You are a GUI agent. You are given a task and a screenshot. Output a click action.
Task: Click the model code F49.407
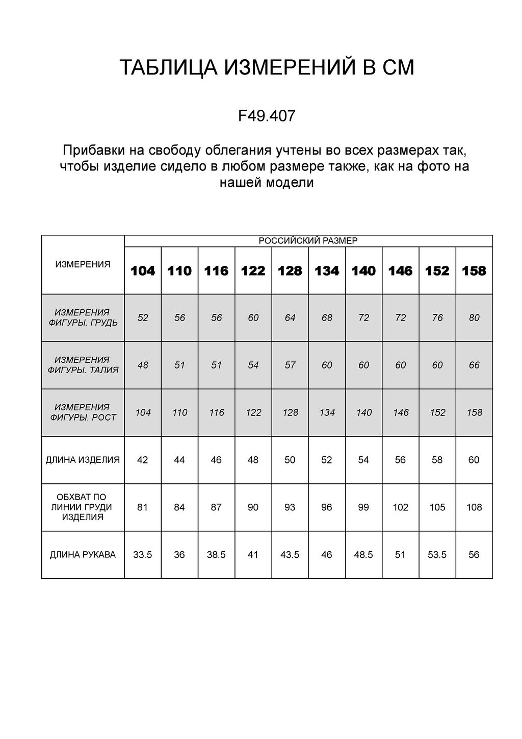pyautogui.click(x=267, y=116)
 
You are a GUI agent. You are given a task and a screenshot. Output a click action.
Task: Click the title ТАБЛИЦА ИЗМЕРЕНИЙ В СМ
pyautogui.click(x=267, y=68)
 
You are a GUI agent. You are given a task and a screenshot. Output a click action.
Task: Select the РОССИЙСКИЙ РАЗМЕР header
pyautogui.click(x=308, y=241)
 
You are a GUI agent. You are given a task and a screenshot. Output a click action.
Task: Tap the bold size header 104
pyautogui.click(x=143, y=271)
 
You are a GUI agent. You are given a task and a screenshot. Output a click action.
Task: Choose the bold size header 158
pyautogui.click(x=474, y=271)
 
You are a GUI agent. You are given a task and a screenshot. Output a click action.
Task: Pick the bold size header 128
pyautogui.click(x=290, y=271)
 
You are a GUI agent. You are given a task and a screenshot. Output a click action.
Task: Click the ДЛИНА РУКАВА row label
pyautogui.click(x=83, y=555)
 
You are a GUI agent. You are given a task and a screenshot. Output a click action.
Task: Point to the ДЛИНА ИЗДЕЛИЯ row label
pyautogui.click(x=83, y=460)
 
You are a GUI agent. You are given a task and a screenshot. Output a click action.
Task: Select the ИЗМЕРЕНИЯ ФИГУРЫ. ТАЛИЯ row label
pyautogui.click(x=83, y=365)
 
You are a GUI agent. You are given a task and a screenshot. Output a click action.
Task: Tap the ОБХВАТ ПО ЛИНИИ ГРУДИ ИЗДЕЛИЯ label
pyautogui.click(x=83, y=507)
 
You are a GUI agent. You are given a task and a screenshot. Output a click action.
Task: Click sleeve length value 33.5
pyautogui.click(x=143, y=555)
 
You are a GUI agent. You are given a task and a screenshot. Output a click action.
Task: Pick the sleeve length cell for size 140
pyautogui.click(x=363, y=555)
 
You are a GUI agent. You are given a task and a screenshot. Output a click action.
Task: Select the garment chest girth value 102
pyautogui.click(x=400, y=507)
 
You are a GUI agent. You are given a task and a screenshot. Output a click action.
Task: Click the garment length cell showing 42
pyautogui.click(x=143, y=460)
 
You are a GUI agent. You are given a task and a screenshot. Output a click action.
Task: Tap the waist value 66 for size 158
pyautogui.click(x=474, y=365)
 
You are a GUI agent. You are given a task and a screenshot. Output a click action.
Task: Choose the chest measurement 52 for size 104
pyautogui.click(x=143, y=318)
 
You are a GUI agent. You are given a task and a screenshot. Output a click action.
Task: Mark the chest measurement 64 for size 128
pyautogui.click(x=290, y=318)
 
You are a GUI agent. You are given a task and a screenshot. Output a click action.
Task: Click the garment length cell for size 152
pyautogui.click(x=437, y=460)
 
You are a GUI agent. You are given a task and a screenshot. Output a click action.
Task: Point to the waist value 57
pyautogui.click(x=290, y=365)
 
